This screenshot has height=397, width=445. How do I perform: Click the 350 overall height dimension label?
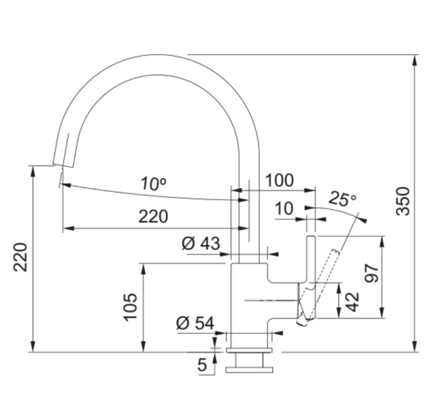point(403,201)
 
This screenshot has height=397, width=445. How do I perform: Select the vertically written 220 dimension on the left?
point(21,256)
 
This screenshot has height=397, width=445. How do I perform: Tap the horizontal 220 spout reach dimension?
point(153,216)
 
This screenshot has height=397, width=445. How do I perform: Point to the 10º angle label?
point(153,184)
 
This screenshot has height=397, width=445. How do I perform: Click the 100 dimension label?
point(279,180)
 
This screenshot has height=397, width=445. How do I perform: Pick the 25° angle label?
point(342,198)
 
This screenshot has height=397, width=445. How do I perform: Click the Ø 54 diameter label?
point(195,323)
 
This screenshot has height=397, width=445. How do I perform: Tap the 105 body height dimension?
point(130,307)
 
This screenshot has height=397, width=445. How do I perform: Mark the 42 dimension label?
point(352,301)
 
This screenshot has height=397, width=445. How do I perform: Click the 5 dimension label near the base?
point(202,364)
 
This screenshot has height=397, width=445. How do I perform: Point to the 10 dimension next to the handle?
point(284,209)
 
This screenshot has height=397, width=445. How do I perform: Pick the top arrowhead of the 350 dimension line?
point(415,60)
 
